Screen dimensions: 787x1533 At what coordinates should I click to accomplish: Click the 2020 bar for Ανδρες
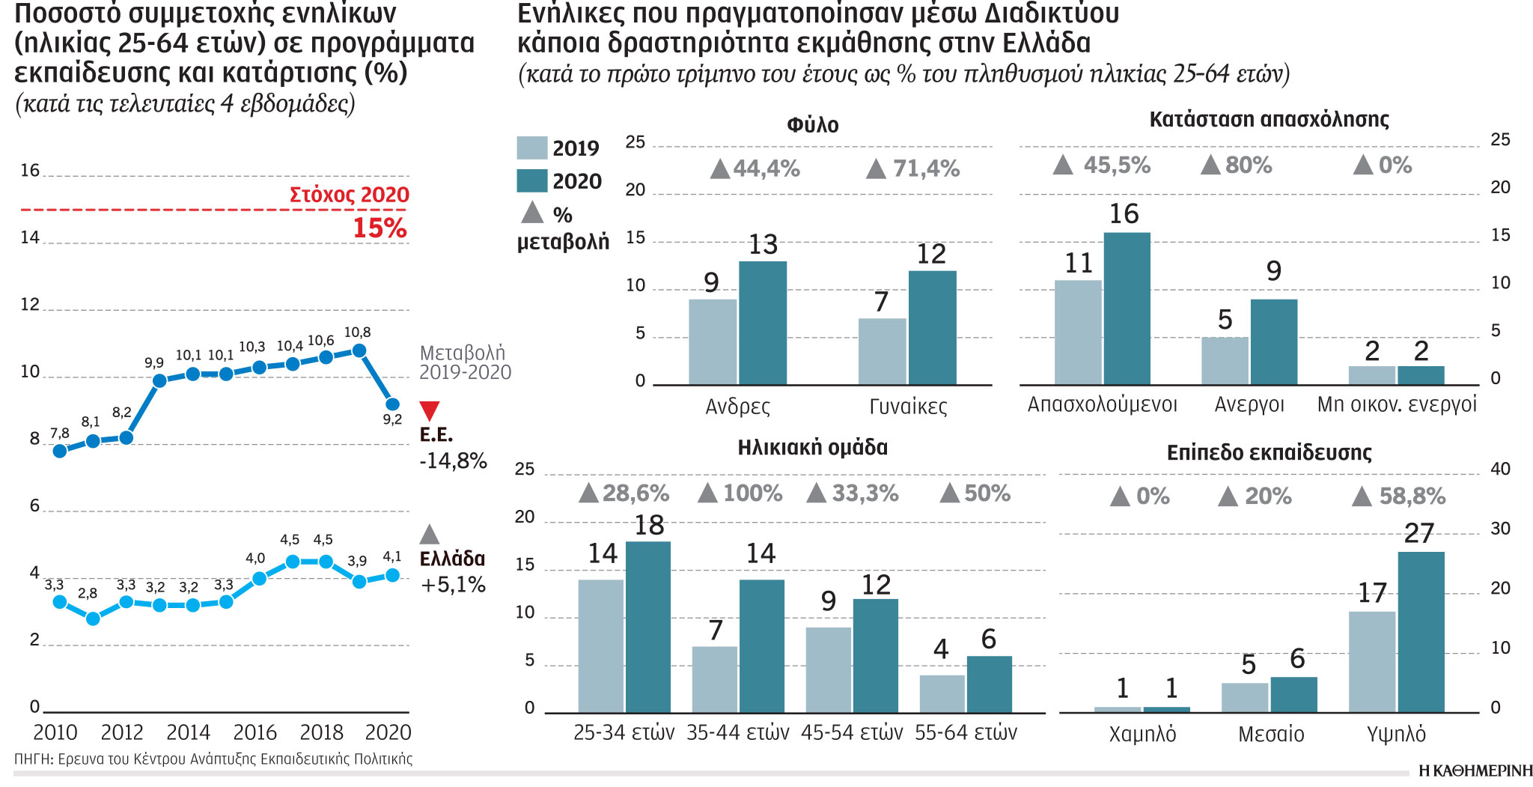point(763,323)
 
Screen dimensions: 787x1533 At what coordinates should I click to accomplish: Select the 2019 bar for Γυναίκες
point(882,352)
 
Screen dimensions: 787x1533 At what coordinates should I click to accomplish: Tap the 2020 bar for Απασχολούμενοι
point(1127,309)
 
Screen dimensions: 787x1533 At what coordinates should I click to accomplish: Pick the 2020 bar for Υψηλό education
point(1421,632)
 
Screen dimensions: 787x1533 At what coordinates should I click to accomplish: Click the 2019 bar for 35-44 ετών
point(714,679)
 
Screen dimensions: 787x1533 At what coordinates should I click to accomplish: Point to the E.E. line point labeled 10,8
point(359,350)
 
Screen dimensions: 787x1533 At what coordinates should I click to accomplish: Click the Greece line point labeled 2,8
point(93,619)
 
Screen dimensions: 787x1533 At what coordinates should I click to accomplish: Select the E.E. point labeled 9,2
point(392,404)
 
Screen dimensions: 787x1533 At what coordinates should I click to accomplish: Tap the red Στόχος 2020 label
point(349,195)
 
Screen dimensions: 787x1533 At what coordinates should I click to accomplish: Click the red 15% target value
point(380,228)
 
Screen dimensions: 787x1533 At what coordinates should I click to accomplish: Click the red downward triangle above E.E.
point(430,410)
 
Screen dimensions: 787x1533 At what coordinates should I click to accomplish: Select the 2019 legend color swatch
point(531,148)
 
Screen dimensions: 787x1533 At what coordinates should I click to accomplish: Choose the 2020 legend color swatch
point(531,181)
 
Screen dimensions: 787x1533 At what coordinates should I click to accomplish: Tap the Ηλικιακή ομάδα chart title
point(812,448)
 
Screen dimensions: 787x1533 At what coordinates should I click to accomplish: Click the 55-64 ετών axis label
point(966,732)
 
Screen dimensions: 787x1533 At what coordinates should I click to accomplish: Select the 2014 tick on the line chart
point(188,732)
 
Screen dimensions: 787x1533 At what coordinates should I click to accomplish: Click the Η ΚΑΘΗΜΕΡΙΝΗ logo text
point(1475,771)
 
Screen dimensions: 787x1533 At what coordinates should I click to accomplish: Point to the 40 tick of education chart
point(1500,469)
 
